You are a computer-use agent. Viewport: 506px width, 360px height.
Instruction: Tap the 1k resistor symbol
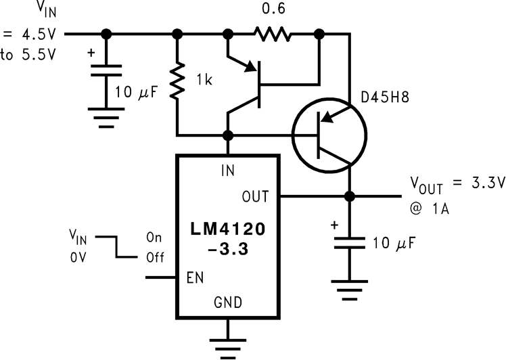click(177, 82)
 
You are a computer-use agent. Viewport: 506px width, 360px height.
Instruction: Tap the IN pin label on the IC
click(229, 171)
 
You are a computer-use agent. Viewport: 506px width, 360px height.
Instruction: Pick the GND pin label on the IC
click(229, 302)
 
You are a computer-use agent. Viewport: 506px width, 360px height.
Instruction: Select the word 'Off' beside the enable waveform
click(156, 258)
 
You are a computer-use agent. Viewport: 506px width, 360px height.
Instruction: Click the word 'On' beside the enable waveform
click(154, 238)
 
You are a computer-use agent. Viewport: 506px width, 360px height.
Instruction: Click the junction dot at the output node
click(350, 196)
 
